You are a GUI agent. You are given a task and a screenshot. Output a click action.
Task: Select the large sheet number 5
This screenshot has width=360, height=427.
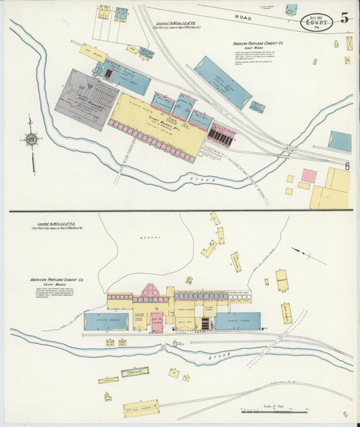[x=345, y=18]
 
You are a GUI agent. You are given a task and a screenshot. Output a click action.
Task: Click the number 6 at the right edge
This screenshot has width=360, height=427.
[x=347, y=166]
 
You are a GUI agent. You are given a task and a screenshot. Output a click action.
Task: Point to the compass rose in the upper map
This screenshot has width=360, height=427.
[x=31, y=141]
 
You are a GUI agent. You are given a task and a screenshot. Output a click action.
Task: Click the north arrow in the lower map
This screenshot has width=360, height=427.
[x=308, y=256]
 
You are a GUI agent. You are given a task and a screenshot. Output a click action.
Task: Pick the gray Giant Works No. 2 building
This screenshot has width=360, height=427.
[x=86, y=99]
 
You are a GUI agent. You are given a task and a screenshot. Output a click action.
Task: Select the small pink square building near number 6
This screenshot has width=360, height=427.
[x=309, y=176]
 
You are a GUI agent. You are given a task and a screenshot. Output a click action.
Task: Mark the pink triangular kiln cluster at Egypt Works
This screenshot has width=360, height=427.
[x=151, y=291]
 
